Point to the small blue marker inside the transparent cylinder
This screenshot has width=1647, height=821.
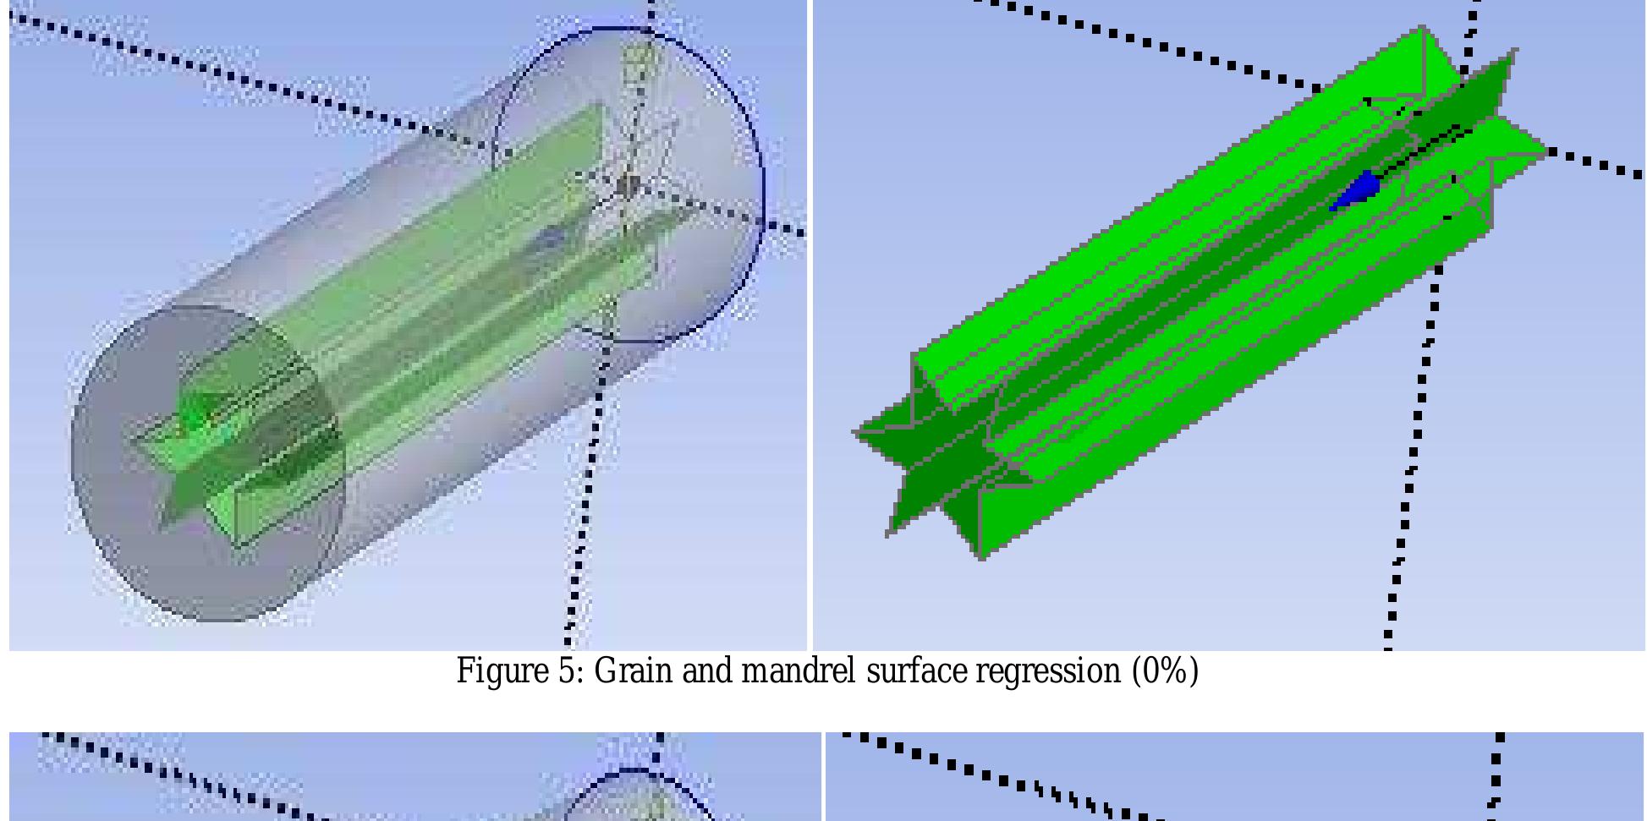click(550, 239)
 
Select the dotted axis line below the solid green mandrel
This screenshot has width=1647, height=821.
click(1413, 473)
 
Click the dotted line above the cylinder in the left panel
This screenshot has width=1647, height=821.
click(254, 80)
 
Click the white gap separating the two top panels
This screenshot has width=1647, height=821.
click(810, 338)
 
